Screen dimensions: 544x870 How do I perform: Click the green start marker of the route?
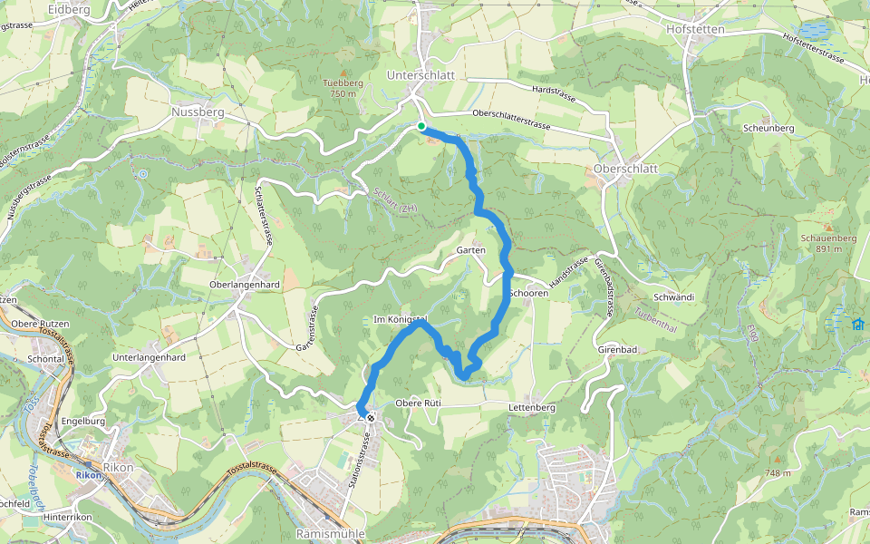[421, 126]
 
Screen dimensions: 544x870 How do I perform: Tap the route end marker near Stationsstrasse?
[370, 418]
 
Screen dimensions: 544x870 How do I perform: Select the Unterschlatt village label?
[420, 75]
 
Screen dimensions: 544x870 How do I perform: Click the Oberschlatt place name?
[622, 169]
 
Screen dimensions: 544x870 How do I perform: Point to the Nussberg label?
[197, 112]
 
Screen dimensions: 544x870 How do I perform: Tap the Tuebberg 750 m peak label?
[343, 87]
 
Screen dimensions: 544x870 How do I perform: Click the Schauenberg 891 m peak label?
[827, 242]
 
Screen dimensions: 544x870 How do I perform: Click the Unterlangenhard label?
[150, 357]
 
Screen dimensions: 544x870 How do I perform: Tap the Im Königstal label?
[400, 319]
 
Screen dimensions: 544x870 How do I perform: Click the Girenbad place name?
[620, 349]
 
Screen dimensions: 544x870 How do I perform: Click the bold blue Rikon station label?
[88, 474]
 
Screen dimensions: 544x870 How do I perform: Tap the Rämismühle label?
[330, 534]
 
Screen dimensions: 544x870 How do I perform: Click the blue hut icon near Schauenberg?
[857, 324]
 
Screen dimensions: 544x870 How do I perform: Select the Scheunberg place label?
[768, 129]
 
